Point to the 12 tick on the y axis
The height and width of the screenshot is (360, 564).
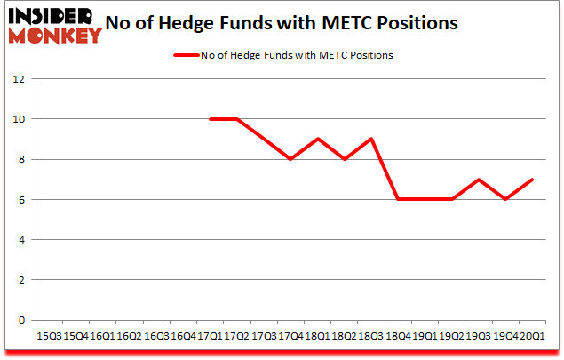click(x=18, y=78)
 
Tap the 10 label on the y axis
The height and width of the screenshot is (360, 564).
click(x=18, y=119)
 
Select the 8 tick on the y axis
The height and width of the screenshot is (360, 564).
click(x=20, y=159)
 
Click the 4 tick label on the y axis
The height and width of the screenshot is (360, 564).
click(x=20, y=240)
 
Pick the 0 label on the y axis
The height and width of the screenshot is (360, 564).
click(x=20, y=320)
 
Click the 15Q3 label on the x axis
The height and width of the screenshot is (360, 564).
click(x=48, y=336)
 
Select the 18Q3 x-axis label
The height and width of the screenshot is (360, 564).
click(x=369, y=336)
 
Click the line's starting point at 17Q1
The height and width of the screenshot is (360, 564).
click(x=210, y=119)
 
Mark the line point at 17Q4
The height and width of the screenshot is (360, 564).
click(x=290, y=159)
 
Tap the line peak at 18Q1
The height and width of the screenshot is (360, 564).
click(x=316, y=139)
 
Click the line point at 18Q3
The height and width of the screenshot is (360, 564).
click(x=369, y=139)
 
